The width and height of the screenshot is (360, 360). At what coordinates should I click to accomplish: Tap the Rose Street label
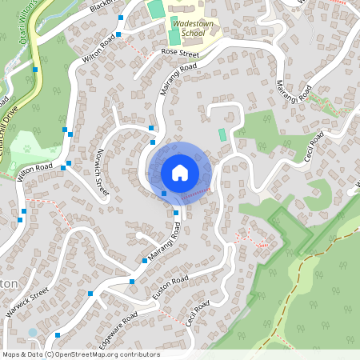point(179,54)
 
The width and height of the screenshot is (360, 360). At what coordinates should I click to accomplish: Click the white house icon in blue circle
point(180,172)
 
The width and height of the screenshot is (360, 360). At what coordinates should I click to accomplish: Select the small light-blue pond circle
point(32,331)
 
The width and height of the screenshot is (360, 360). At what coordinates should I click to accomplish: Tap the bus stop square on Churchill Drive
point(35,69)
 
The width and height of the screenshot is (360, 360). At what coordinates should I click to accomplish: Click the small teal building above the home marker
point(222,134)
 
